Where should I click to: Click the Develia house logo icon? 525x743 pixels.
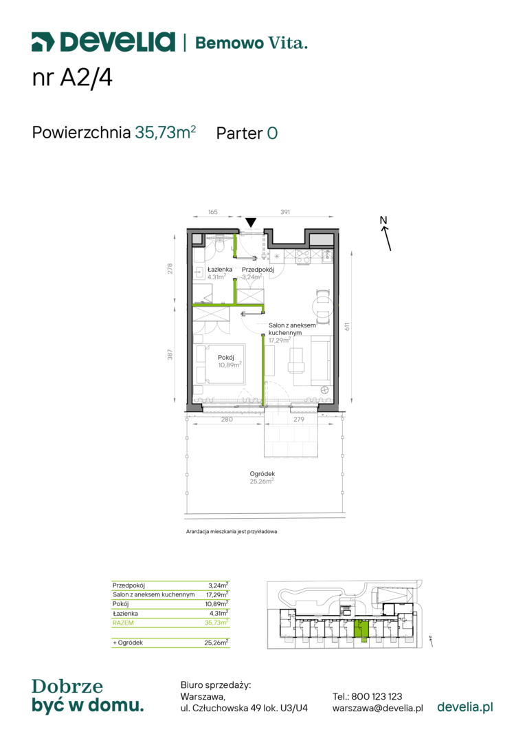click(43, 42)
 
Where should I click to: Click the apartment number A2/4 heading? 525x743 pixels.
click(72, 77)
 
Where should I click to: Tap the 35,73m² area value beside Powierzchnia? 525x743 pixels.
click(165, 131)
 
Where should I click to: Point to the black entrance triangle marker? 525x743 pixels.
click(251, 222)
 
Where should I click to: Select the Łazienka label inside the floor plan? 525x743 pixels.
click(220, 270)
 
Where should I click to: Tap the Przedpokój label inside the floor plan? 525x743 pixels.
click(258, 270)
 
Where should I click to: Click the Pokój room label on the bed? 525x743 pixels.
click(226, 357)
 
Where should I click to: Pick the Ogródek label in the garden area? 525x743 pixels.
click(262, 473)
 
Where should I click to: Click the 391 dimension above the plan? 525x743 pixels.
click(285, 212)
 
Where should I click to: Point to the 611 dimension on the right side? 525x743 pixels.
click(347, 327)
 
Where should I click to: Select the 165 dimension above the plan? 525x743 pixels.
click(213, 212)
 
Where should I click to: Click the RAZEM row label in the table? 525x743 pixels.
click(123, 623)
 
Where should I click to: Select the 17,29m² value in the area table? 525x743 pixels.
click(217, 594)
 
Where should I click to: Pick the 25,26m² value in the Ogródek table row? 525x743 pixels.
click(216, 643)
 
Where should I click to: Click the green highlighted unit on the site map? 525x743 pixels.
click(361, 630)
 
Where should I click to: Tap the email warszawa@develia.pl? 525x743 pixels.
click(378, 709)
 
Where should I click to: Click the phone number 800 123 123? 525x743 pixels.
click(377, 696)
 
